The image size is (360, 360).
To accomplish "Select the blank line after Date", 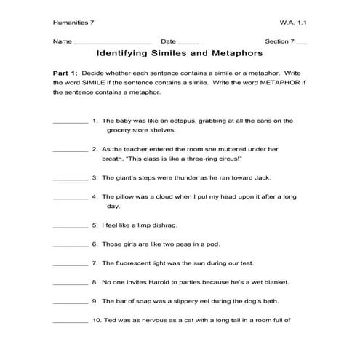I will pos(188,44).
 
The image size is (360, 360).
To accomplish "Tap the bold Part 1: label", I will pos(65,75).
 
